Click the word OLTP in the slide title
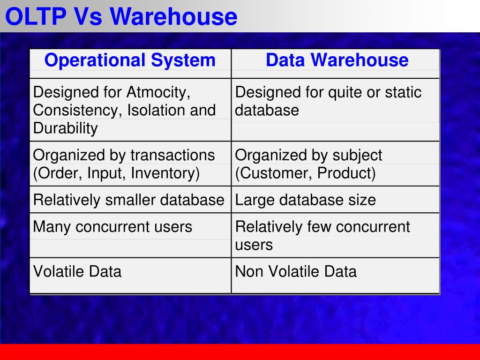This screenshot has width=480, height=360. tap(36, 16)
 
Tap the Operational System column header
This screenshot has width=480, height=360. tap(130, 60)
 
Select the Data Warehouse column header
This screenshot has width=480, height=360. tap(337, 60)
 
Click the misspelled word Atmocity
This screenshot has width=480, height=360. tap(158, 92)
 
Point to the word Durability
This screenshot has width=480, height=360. tap(65, 128)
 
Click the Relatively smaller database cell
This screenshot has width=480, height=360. tap(128, 200)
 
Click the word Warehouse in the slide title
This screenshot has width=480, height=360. tap(173, 16)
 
